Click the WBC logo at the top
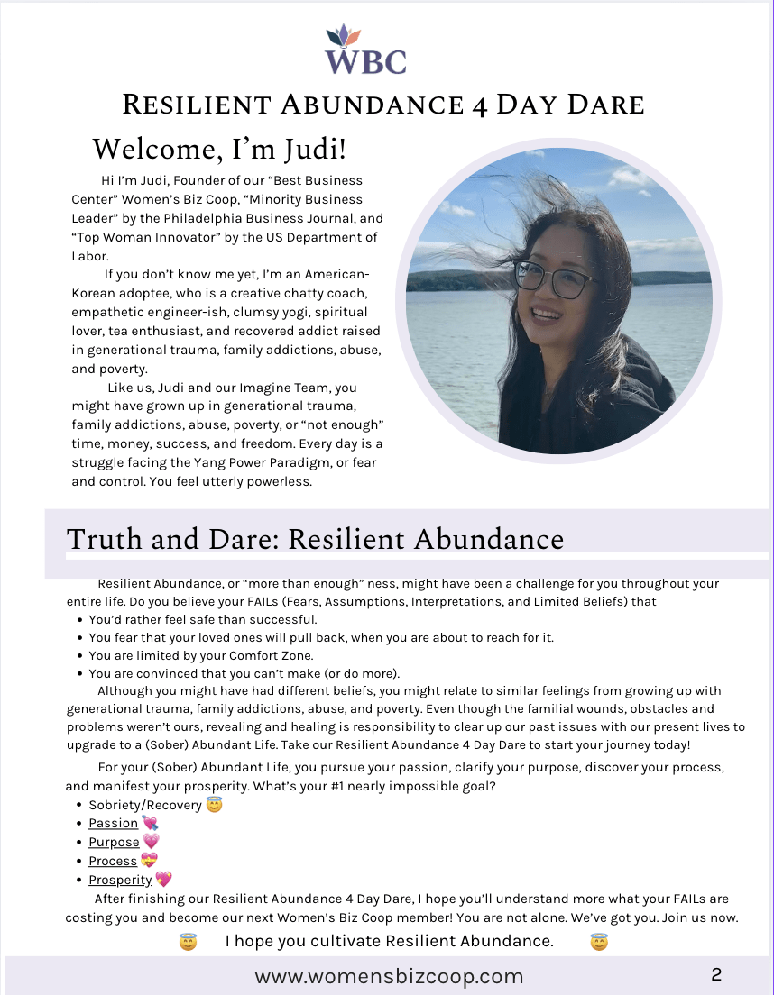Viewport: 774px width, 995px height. pos(366,50)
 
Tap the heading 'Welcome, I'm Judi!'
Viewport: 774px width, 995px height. pos(219,148)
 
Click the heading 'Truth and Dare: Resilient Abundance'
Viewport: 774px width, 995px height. pos(315,539)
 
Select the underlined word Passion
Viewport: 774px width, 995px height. pos(113,823)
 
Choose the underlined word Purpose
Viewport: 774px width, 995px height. pos(114,842)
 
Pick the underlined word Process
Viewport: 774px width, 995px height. pos(113,861)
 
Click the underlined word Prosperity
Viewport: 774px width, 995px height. pos(120,880)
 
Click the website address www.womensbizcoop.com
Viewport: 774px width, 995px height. pos(389,976)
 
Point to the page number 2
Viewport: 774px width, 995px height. pos(716,974)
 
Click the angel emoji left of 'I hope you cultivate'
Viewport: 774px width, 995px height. pos(188,942)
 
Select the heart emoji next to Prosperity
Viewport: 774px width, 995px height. pos(163,880)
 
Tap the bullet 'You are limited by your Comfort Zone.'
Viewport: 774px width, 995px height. pos(200,655)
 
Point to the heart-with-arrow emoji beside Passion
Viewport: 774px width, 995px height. pos(150,823)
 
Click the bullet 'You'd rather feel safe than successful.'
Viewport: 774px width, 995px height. pos(203,619)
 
